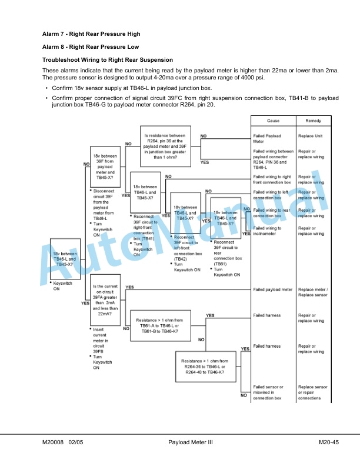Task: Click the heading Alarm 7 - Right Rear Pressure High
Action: tap(91, 34)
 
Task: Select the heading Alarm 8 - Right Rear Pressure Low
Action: tap(91, 47)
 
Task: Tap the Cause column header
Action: tap(274, 121)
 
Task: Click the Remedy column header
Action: tap(314, 121)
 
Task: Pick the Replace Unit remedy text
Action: tap(310, 136)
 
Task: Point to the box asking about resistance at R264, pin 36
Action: tap(165, 147)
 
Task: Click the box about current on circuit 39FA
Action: tap(105, 300)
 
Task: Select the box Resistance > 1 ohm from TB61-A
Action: tap(161, 326)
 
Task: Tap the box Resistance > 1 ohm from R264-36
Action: tap(206, 367)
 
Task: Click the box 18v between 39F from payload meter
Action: tap(105, 167)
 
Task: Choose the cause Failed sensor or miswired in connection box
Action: tap(268, 392)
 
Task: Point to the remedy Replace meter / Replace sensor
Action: tap(313, 292)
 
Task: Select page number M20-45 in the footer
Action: tap(329, 442)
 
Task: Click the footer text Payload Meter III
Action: tap(191, 442)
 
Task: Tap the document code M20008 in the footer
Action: tap(53, 442)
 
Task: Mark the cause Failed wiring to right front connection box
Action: tap(272, 179)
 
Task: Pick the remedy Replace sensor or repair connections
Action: tap(313, 392)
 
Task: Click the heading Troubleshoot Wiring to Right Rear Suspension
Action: tap(108, 60)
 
